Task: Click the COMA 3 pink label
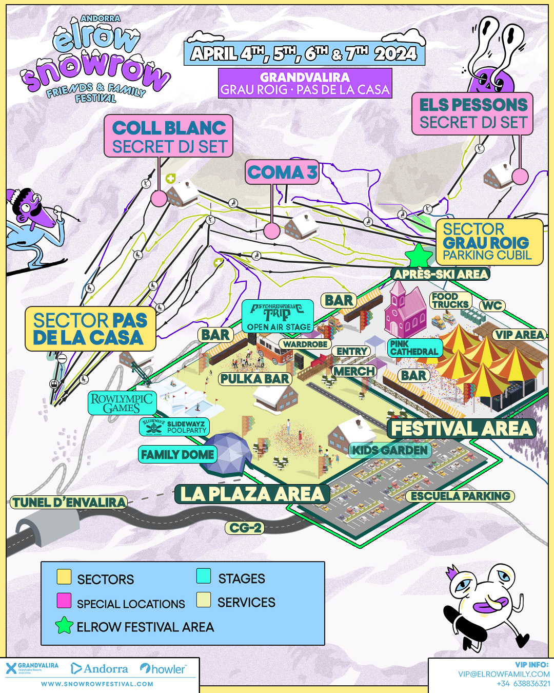point(282,172)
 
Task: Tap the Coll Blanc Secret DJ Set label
point(169,136)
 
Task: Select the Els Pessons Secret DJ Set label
point(472,114)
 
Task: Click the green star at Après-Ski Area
point(419,255)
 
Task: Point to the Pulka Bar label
point(255,379)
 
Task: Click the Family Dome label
point(177,454)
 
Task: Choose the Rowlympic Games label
point(122,403)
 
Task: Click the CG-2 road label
point(245,528)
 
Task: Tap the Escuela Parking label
point(460,496)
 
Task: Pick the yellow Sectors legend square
point(64,577)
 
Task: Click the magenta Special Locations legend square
point(64,601)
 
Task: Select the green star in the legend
point(64,625)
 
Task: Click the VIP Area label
point(519,335)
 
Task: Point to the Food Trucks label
point(450,300)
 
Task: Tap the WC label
point(491,306)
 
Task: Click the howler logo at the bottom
point(163,669)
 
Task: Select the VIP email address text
point(504,674)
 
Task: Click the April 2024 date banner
point(304,53)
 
